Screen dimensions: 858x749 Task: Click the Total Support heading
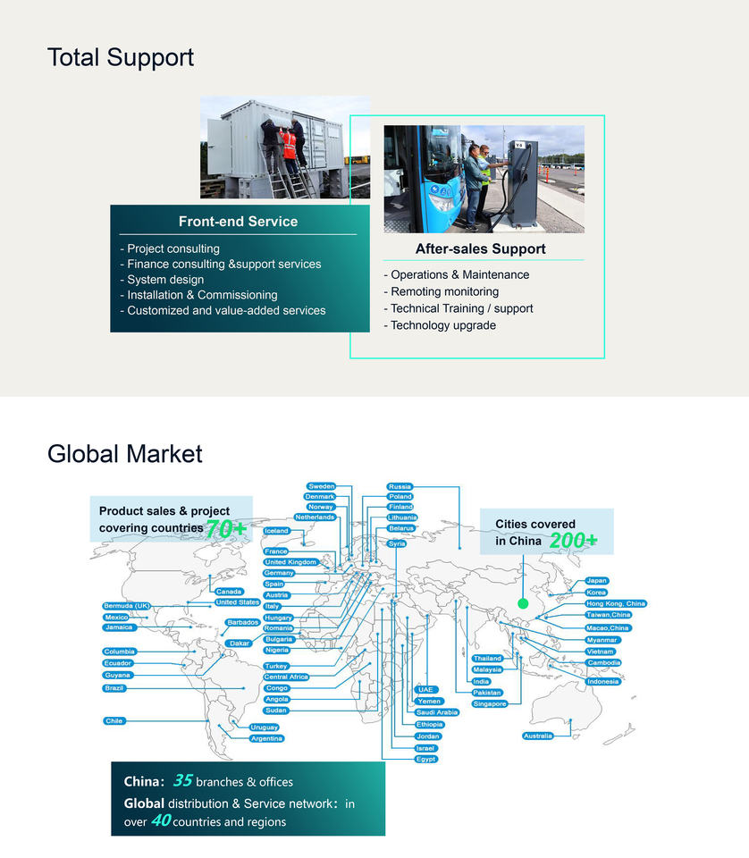coord(121,58)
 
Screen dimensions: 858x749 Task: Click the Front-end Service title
coord(238,222)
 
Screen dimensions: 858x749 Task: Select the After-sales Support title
coord(480,249)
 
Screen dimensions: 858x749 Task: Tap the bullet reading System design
coord(165,280)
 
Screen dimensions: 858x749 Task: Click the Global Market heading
coord(125,454)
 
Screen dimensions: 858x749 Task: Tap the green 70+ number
coord(226,529)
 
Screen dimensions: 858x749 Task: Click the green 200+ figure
coord(573,541)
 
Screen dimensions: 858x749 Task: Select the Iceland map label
coord(277,531)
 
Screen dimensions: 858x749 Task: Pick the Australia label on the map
coord(537,736)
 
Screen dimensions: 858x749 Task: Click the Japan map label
coord(596,581)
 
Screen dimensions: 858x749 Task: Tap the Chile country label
coord(114,720)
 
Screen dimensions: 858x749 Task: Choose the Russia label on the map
coord(400,486)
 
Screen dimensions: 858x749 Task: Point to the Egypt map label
coord(426,759)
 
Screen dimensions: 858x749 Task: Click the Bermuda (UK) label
coord(127,606)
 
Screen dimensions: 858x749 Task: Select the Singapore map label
coord(490,703)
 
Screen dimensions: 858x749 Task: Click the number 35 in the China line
coord(182,780)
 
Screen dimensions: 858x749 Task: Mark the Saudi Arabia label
coord(437,712)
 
